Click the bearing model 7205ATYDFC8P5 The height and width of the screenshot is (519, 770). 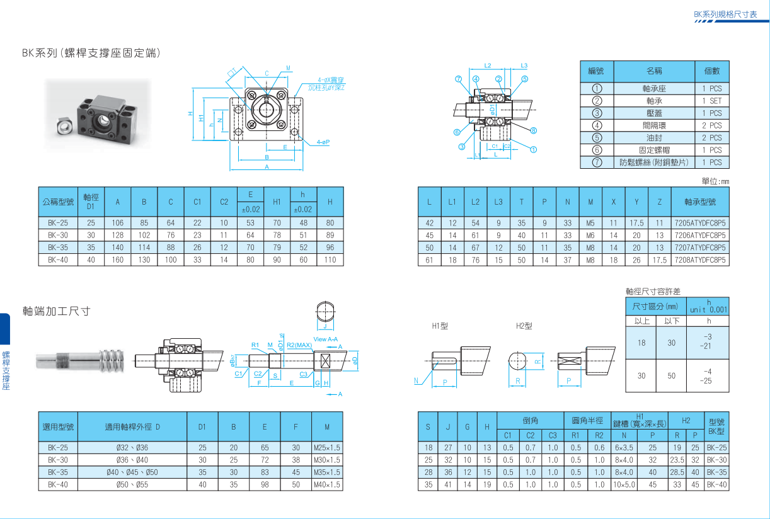(x=699, y=222)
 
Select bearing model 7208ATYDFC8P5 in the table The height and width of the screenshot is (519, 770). (x=699, y=259)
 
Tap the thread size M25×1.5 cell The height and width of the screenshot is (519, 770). (x=327, y=447)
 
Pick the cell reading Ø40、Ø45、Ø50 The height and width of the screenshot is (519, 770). (x=132, y=472)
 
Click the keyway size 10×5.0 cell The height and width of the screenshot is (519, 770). (x=624, y=485)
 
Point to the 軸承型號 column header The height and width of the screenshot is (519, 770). (x=699, y=202)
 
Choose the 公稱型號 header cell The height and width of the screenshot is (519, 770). (x=58, y=202)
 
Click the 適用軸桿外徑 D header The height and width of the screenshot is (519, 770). (x=132, y=426)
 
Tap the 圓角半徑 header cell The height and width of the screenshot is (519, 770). (x=587, y=420)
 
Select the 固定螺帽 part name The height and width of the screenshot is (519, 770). (x=654, y=150)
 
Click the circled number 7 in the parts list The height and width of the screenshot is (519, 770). (x=597, y=163)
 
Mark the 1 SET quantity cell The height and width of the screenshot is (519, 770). (x=712, y=101)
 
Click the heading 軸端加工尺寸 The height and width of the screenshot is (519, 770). (x=57, y=311)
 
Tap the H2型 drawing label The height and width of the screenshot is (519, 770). (x=524, y=326)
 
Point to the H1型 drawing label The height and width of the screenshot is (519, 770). (x=440, y=326)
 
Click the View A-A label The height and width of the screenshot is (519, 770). (x=326, y=339)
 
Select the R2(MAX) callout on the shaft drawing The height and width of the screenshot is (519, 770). (x=299, y=345)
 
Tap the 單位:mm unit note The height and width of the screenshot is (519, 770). (x=715, y=181)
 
